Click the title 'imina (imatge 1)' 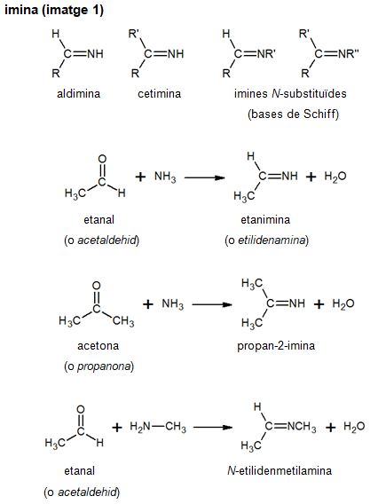(x=54, y=11)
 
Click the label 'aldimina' (x=78, y=93)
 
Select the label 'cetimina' (x=160, y=93)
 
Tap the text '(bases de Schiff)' (x=293, y=114)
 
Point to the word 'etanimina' (x=265, y=219)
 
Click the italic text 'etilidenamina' (x=272, y=240)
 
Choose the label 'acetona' (x=98, y=346)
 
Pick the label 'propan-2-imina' (x=276, y=346)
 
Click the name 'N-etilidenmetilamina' (x=280, y=470)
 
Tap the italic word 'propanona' (x=104, y=366)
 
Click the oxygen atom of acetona (x=96, y=286)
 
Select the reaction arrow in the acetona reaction (x=212, y=304)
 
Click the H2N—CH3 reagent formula (x=158, y=427)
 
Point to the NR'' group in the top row (x=348, y=53)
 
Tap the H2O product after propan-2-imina (x=343, y=303)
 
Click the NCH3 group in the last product (x=302, y=427)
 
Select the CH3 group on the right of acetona (x=123, y=321)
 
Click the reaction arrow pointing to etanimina (x=204, y=177)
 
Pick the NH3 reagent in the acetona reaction (x=173, y=303)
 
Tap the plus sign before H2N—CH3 (x=117, y=427)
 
